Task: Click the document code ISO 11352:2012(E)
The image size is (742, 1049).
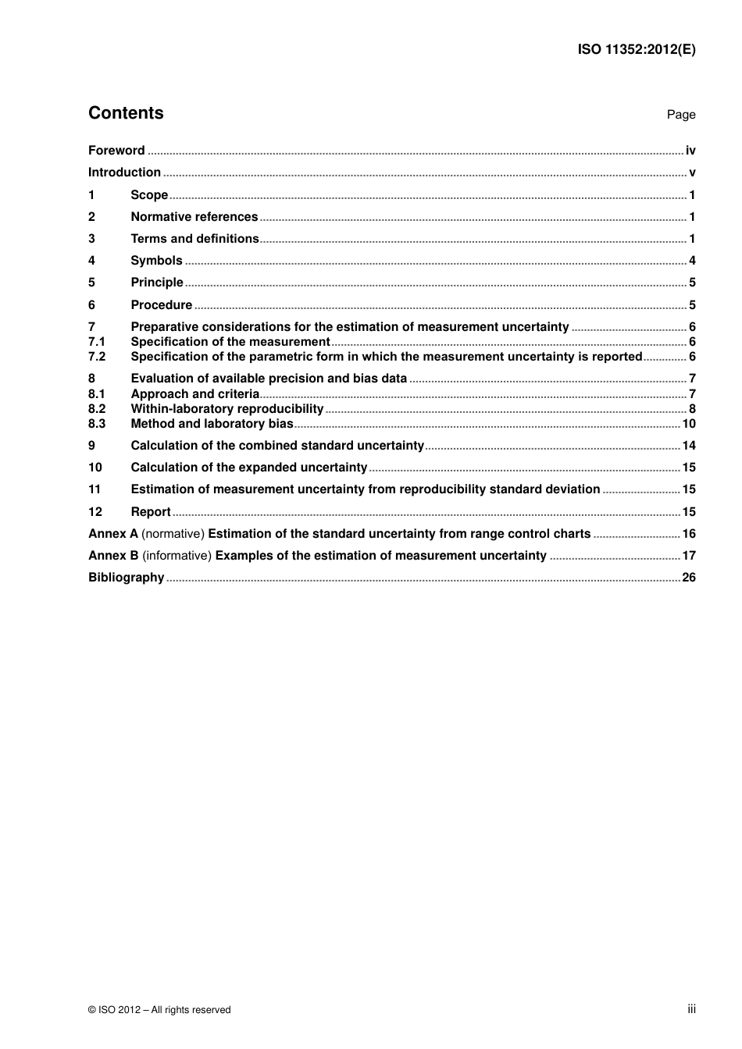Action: coord(636,49)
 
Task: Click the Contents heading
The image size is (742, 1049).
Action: coord(126,113)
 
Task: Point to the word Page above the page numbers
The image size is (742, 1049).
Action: coord(680,115)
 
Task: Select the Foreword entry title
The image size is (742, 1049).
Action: coord(116,151)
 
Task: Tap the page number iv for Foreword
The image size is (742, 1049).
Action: coord(690,151)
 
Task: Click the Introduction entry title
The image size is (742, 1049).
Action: coord(124,172)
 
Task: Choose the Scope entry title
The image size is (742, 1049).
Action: coord(149,195)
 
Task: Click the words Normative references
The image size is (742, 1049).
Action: coord(194,217)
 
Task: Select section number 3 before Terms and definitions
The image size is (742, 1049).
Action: coord(91,239)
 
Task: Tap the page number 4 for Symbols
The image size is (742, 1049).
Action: coord(692,261)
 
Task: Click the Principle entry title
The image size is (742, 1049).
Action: coord(157,283)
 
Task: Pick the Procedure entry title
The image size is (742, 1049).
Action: coord(161,305)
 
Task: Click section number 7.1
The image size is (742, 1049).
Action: coord(97,342)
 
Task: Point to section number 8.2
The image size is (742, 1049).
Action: coord(97,409)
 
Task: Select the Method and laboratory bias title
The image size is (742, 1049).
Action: coord(212,424)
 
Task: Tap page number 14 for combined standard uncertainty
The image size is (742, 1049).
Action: coord(689,446)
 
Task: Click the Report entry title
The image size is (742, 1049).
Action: coord(151,512)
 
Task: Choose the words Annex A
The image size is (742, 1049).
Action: coord(113,534)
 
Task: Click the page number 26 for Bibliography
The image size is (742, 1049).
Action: coord(689,578)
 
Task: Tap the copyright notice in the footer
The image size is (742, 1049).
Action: coord(159,1010)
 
